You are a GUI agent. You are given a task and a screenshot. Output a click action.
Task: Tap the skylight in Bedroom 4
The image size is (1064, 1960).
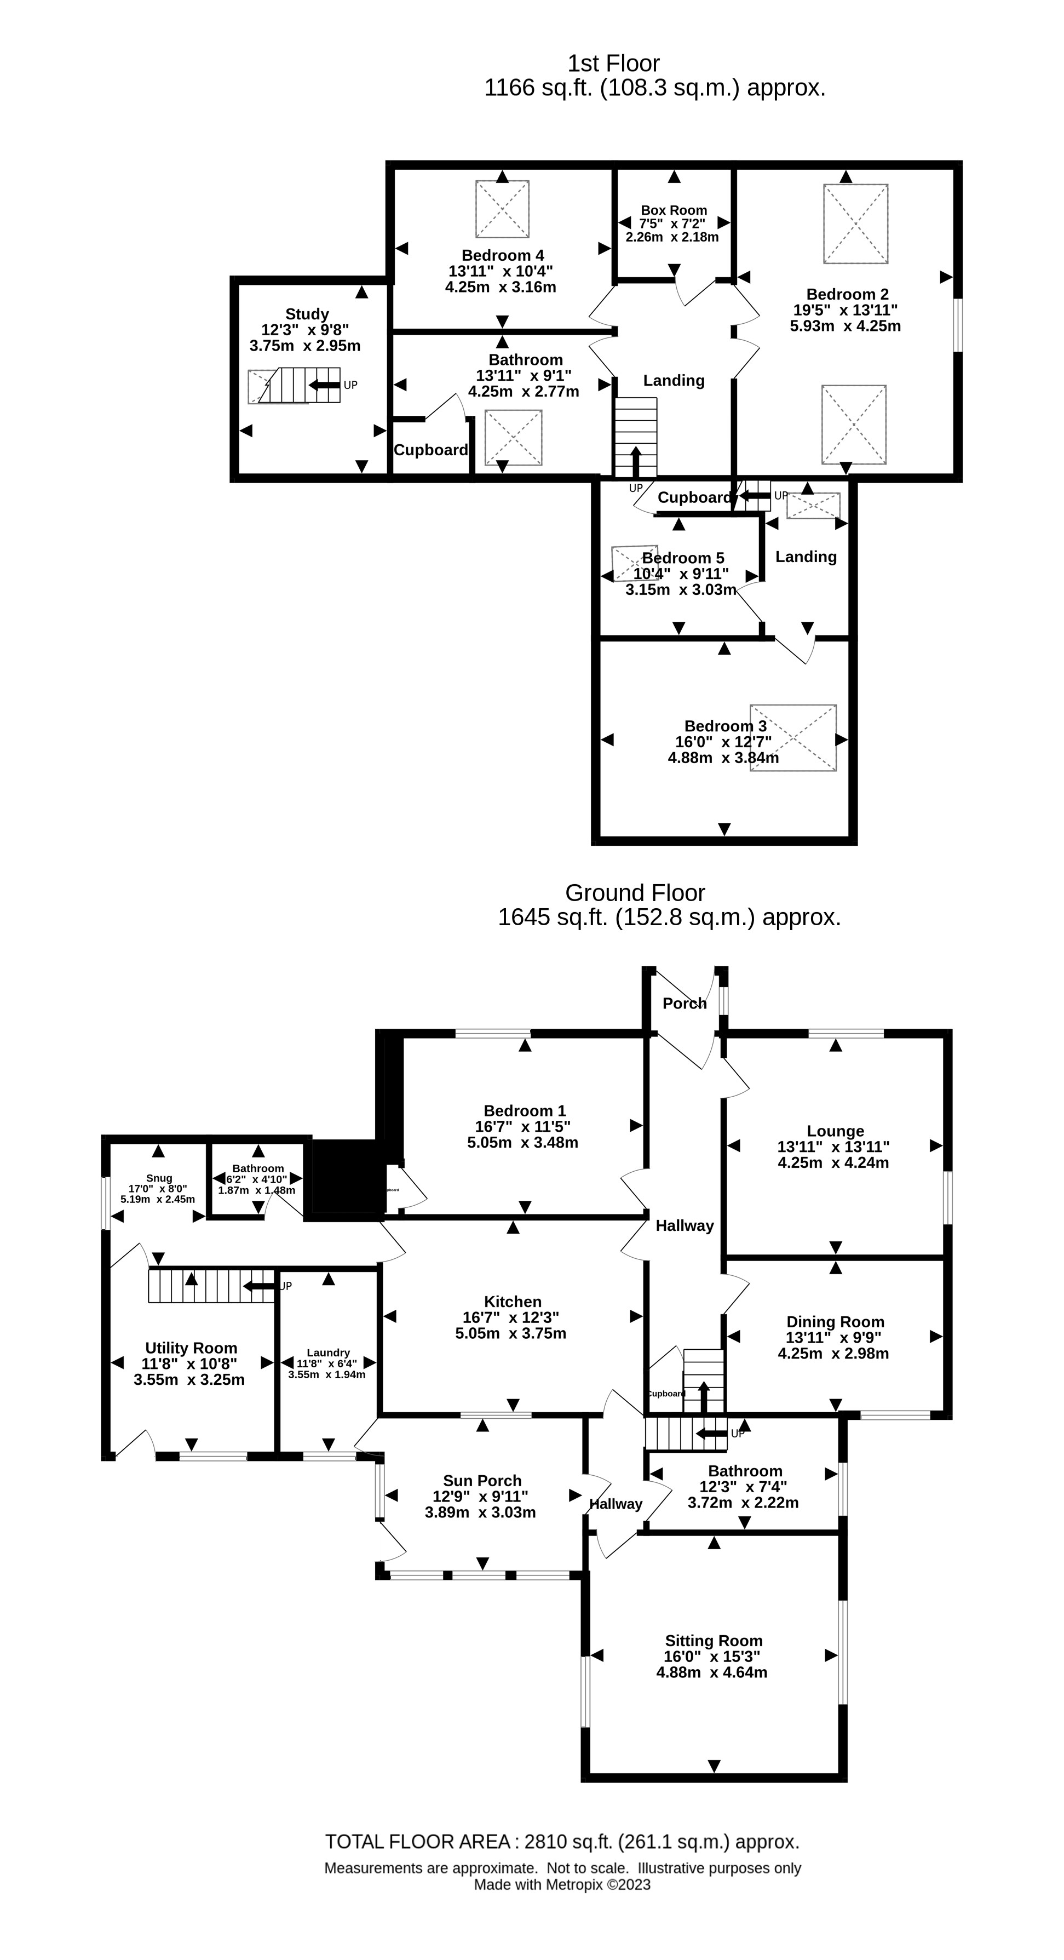pos(502,209)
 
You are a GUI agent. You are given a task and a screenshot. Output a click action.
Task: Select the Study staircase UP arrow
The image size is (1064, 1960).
pos(324,385)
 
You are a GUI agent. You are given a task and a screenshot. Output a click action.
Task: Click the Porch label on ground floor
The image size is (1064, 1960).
pos(685,1004)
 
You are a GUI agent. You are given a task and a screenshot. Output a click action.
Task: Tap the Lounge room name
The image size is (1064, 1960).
pos(835,1131)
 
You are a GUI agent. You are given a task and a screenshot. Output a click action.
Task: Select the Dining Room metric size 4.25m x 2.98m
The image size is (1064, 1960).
pos(833,1353)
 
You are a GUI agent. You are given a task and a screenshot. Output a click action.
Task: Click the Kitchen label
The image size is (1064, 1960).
pos(513,1301)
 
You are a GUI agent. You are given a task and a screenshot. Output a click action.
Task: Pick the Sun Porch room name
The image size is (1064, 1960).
pos(482,1480)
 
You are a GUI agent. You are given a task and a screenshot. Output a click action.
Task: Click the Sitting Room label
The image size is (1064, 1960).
pos(714,1641)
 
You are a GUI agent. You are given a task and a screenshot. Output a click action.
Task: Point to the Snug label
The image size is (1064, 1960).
pos(159,1178)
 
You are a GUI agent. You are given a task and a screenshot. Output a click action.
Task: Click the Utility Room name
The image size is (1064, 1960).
pos(191,1348)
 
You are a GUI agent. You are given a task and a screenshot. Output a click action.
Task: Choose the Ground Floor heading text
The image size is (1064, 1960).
pos(635,892)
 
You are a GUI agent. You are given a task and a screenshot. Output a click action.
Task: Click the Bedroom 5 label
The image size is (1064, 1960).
pos(683,558)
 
